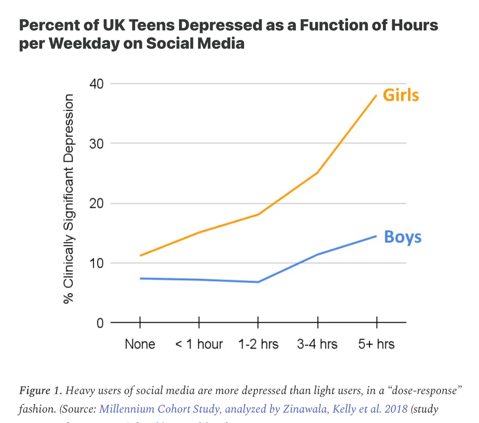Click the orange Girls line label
pos(401,95)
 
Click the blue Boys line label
pos(403,237)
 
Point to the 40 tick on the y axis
pos(97,84)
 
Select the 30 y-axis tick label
pos(97,144)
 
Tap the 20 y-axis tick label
pos(97,204)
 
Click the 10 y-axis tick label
pos(97,263)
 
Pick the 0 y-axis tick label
pos(100,323)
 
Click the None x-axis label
pos(140,344)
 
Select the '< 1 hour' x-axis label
pos(199,344)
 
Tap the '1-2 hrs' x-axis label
pos(258,344)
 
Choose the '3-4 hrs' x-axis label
pos(317,344)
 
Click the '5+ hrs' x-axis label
pos(376,344)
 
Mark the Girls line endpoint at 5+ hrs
pos(376,96)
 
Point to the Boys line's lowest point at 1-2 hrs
pos(258,282)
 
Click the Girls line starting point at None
pos(140,255)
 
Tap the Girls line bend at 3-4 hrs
pos(317,172)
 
